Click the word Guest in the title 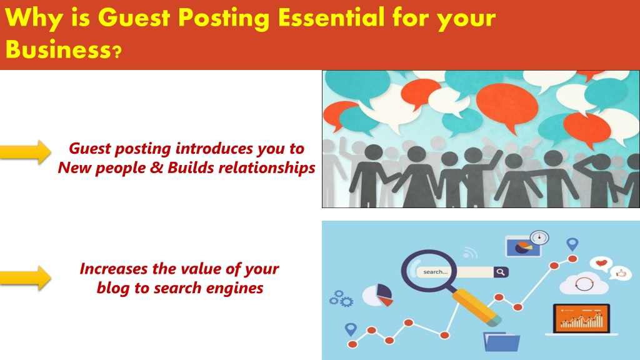tap(134, 17)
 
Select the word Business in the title tap(57, 49)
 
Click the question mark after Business tap(117, 52)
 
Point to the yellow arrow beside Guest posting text tap(25, 152)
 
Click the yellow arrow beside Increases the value tap(25, 278)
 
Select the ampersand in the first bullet tap(156, 167)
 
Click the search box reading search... tap(455, 272)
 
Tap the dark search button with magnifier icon tap(501, 272)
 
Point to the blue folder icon tap(502, 342)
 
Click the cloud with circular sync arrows tap(584, 283)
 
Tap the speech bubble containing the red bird tap(601, 264)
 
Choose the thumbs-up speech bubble tap(621, 272)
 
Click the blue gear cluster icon tap(341, 299)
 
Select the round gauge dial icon tap(539, 237)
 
